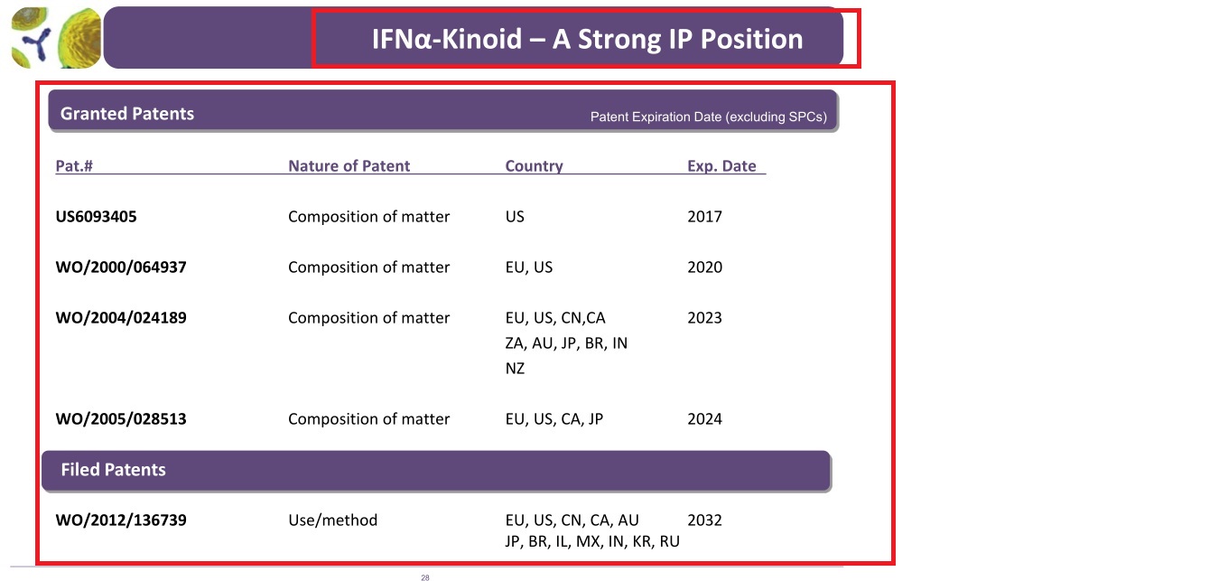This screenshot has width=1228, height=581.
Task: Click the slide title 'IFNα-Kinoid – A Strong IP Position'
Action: (587, 39)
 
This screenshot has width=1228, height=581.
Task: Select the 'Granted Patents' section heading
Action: (127, 114)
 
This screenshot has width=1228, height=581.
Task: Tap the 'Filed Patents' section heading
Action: (113, 470)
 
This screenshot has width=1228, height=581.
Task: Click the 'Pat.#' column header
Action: (74, 165)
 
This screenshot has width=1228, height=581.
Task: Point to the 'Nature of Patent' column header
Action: (349, 165)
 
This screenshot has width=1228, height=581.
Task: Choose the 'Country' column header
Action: (534, 165)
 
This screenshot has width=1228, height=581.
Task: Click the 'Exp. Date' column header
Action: (721, 165)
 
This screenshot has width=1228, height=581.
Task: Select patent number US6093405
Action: (96, 217)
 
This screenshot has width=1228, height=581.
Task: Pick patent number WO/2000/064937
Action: (121, 267)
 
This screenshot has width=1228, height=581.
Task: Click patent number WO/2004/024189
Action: (121, 318)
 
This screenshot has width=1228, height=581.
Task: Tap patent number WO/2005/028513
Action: (121, 419)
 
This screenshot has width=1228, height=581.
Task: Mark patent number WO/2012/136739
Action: (121, 520)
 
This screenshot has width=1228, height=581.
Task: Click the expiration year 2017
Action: (704, 217)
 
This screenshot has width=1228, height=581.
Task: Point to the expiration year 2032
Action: (704, 520)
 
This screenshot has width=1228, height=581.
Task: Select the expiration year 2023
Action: (704, 318)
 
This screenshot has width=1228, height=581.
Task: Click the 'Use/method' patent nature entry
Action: (333, 520)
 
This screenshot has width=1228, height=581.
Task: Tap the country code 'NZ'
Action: (515, 368)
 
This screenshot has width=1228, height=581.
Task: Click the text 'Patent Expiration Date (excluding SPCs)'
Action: (708, 117)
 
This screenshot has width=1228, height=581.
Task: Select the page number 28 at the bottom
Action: (425, 577)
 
